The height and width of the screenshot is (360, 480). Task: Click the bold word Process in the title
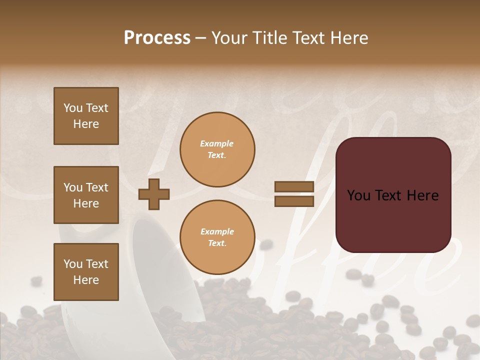[157, 38]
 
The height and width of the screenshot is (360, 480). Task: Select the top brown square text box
[86, 116]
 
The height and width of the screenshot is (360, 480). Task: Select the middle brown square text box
[86, 195]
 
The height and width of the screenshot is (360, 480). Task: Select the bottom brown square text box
[86, 271]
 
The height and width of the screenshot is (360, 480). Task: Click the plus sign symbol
[154, 194]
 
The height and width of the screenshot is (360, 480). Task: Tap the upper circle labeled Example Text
[217, 149]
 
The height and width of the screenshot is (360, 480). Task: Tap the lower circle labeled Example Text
[217, 237]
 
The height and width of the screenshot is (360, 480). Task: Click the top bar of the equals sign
[294, 187]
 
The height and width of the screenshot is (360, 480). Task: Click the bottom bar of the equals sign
[294, 201]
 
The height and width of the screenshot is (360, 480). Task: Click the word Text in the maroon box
[390, 195]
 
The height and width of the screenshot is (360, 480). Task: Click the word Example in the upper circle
[216, 143]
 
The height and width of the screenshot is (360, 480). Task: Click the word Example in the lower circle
[217, 231]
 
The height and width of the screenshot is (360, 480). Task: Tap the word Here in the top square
[86, 124]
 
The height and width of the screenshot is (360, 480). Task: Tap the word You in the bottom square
[73, 264]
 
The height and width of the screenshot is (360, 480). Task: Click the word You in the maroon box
[359, 195]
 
